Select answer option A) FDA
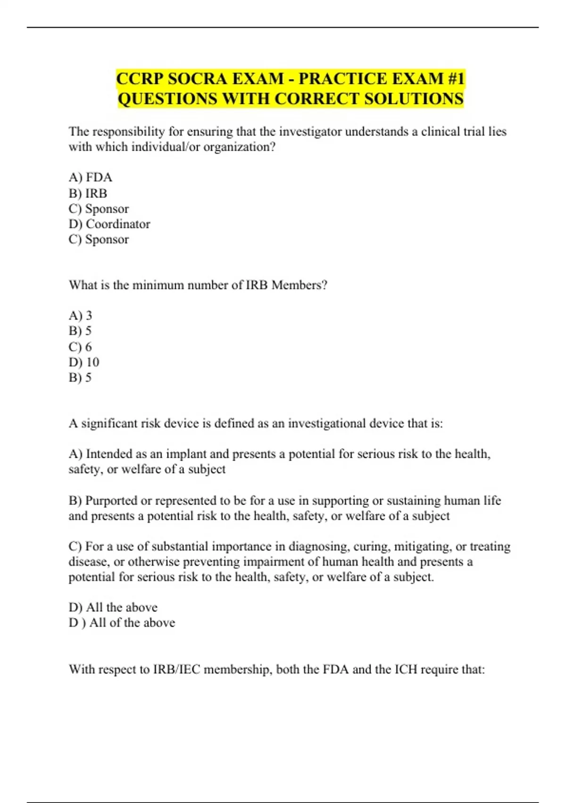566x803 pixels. click(91, 178)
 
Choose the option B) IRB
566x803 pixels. click(88, 193)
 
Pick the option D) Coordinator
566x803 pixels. click(109, 224)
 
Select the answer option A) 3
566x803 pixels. click(81, 316)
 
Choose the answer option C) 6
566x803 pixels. click(81, 347)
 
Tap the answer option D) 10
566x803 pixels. click(84, 362)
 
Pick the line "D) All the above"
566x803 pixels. click(113, 607)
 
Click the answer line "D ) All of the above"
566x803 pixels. click(122, 623)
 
